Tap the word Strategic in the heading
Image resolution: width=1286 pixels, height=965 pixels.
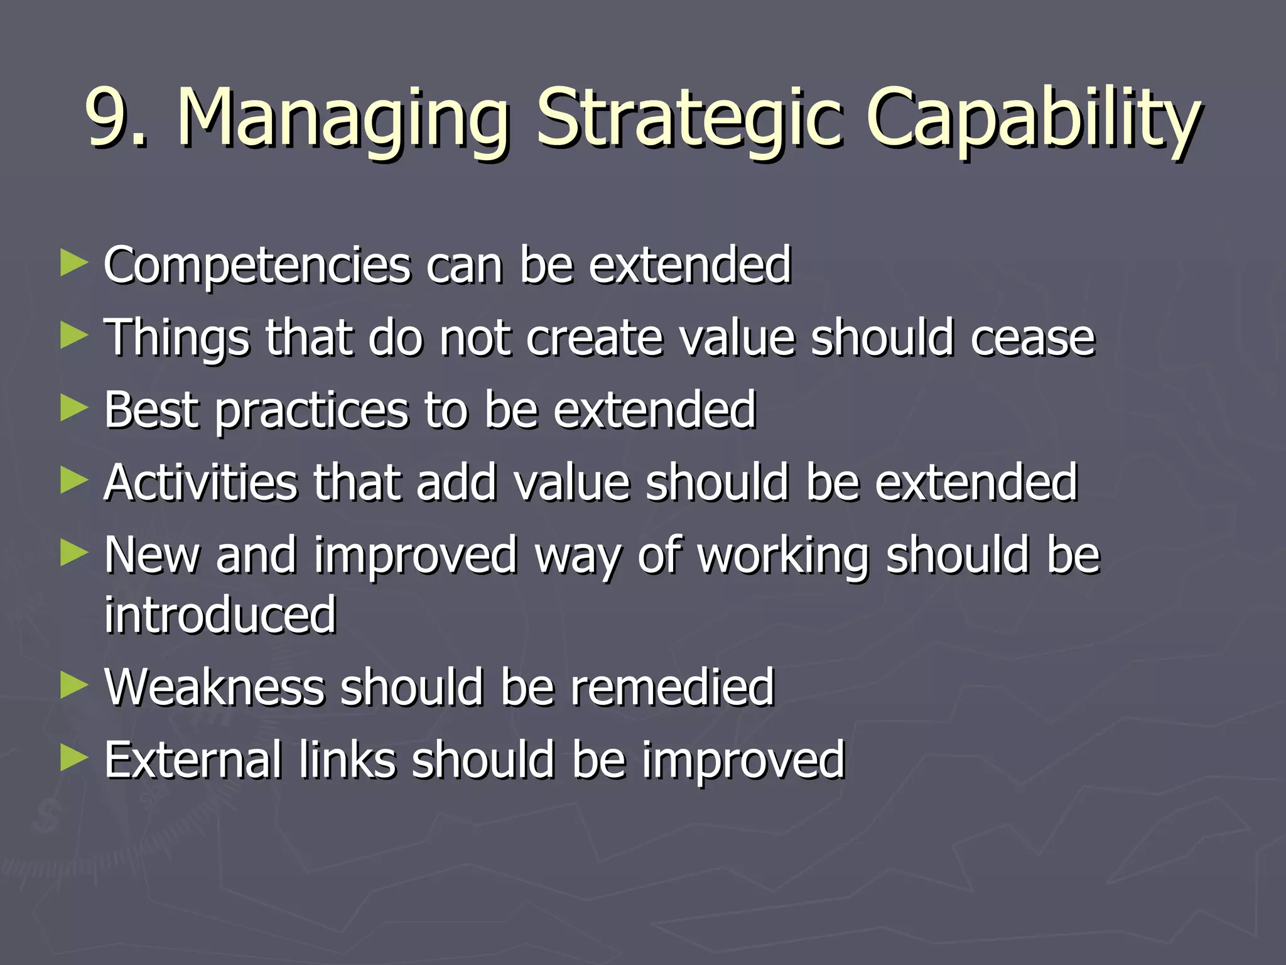(x=688, y=119)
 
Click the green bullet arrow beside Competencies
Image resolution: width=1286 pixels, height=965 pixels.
(x=73, y=263)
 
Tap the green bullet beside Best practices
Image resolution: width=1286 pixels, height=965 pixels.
(x=73, y=408)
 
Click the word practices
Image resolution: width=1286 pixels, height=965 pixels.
(x=312, y=412)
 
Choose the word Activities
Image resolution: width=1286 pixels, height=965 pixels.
(x=200, y=482)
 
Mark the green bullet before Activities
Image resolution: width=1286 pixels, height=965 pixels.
(x=73, y=481)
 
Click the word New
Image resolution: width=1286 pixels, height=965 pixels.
(x=151, y=555)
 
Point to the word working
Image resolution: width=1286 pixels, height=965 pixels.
(x=783, y=557)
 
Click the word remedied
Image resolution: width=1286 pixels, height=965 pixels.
(x=672, y=687)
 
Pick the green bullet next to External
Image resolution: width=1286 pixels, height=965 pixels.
(x=73, y=758)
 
